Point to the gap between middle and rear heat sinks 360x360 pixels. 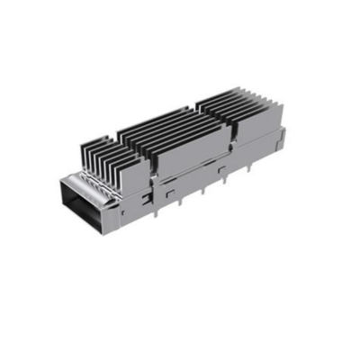[x=229, y=130]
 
